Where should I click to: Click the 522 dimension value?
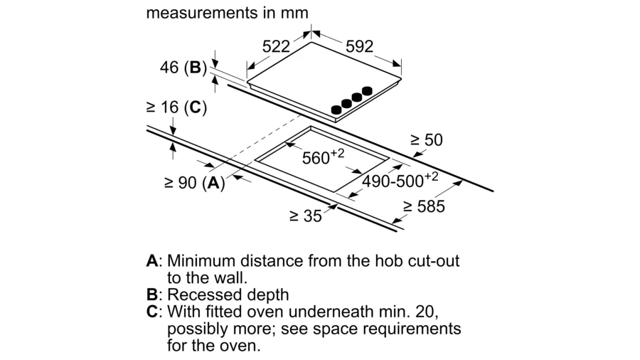click(x=276, y=46)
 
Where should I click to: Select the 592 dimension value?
click(x=359, y=46)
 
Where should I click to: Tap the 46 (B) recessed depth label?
click(x=182, y=69)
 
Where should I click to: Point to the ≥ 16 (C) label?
click(x=176, y=107)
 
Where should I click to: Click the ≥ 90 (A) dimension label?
click(x=194, y=183)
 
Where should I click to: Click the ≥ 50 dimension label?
click(x=426, y=140)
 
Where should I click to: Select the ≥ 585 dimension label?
click(x=424, y=206)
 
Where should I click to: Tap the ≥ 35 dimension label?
click(x=305, y=216)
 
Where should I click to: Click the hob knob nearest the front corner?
click(x=336, y=110)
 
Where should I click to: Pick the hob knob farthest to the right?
click(x=367, y=91)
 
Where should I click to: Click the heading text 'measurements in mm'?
click(x=227, y=13)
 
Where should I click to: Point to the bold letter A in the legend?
click(x=152, y=260)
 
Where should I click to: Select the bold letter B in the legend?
click(x=152, y=295)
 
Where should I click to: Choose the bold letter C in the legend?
click(x=152, y=312)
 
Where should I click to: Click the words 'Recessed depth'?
click(x=228, y=295)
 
